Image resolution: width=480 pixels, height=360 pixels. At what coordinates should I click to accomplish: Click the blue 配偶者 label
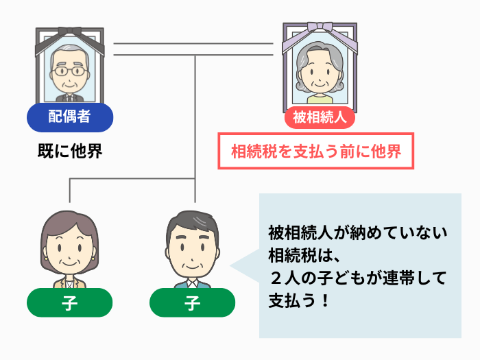tap(69, 117)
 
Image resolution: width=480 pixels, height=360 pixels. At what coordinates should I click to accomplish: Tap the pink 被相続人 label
tap(320, 117)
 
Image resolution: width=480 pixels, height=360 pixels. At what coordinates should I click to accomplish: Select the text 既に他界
tap(69, 151)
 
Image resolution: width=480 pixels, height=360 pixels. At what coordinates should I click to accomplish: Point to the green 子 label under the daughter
tap(69, 302)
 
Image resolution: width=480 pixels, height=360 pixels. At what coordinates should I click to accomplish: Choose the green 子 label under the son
tap(192, 302)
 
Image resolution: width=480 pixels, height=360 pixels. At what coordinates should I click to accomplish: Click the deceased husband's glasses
tap(69, 71)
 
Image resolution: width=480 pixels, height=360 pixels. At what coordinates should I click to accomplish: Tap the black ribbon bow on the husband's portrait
tap(69, 32)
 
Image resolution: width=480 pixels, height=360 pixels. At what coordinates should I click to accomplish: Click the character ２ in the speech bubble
tap(276, 278)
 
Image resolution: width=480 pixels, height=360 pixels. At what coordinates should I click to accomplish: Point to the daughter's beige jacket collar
tap(69, 283)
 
